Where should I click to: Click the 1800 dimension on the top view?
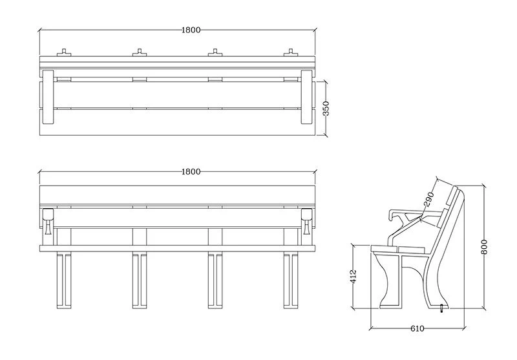(191, 30)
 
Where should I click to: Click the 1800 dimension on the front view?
(191, 171)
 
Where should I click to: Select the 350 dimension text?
(326, 108)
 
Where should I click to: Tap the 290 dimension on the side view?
(429, 199)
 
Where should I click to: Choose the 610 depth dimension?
(417, 328)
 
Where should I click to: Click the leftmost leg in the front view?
(63, 281)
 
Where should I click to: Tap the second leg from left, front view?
(138, 281)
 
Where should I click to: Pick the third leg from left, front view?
(213, 281)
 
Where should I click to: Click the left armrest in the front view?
(47, 220)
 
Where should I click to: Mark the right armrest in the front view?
(306, 220)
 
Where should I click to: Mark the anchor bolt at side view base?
(441, 308)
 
